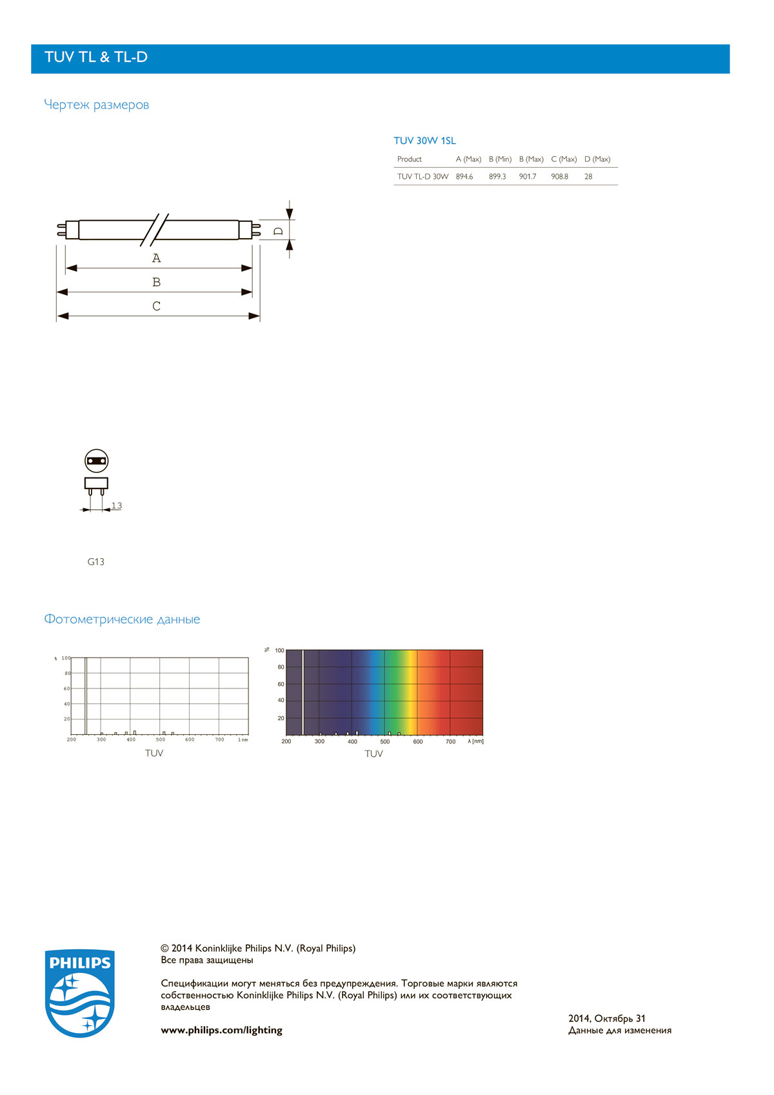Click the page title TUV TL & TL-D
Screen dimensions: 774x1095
click(95, 57)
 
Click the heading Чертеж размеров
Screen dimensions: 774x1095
click(96, 105)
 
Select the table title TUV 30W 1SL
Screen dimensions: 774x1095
click(424, 141)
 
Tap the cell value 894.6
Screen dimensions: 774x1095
click(464, 176)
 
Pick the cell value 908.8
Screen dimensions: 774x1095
click(559, 176)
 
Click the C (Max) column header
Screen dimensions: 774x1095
click(564, 159)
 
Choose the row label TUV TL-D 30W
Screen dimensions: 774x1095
click(422, 176)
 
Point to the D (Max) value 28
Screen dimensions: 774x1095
click(588, 176)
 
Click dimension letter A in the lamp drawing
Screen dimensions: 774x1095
click(156, 257)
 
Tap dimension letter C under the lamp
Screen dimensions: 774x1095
click(156, 306)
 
